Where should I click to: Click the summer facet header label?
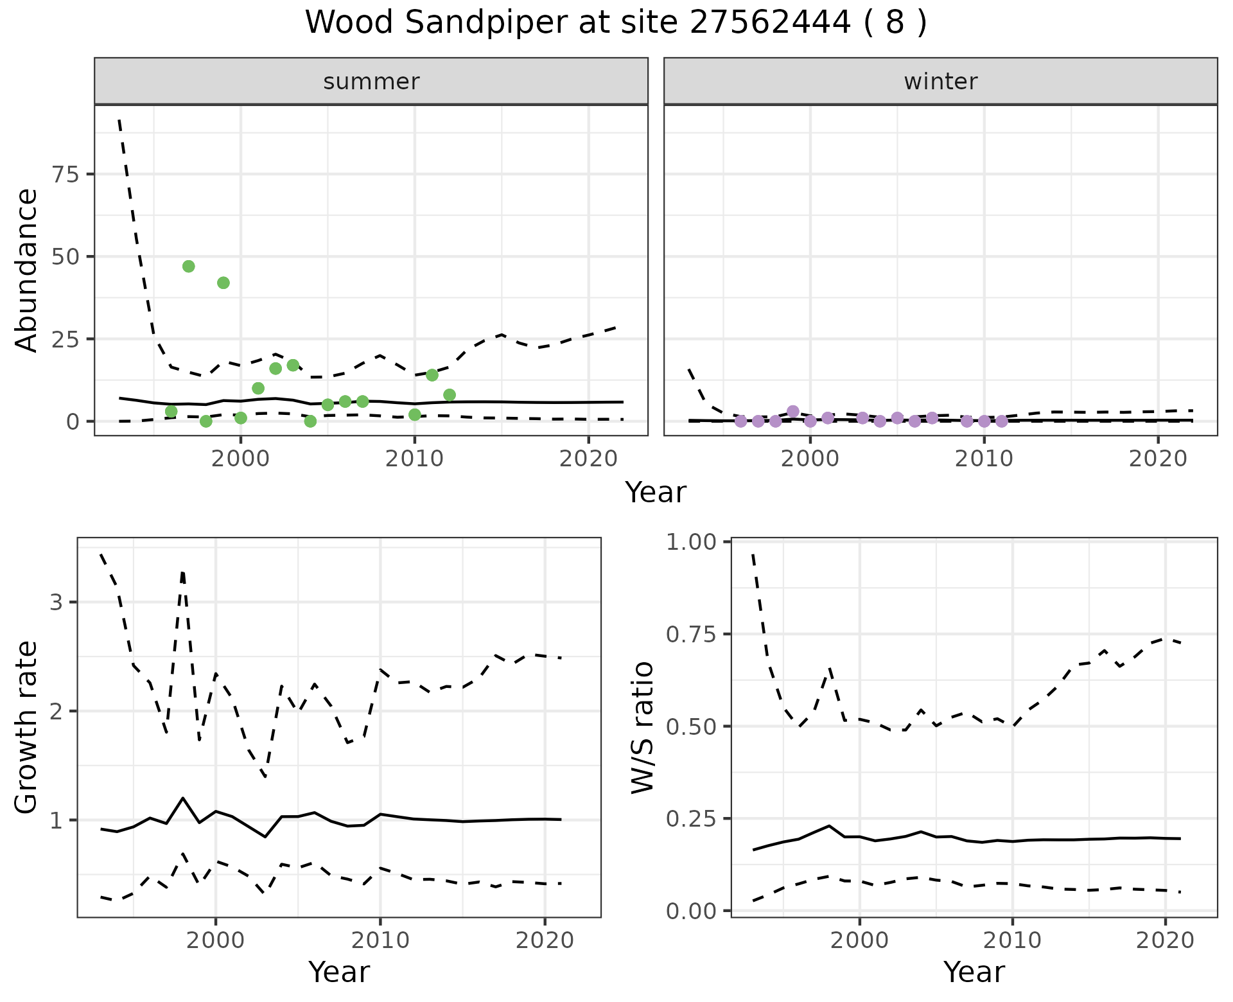pos(371,82)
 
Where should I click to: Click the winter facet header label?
pos(940,82)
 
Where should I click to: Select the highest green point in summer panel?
pos(188,267)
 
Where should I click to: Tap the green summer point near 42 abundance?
pos(223,283)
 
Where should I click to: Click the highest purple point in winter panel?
pos(793,411)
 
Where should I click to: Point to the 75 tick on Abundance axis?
pos(64,174)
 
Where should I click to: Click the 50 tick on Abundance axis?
pos(64,256)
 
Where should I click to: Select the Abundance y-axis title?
pos(27,270)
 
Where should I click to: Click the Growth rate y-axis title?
pos(27,727)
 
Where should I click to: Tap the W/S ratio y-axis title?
pos(643,727)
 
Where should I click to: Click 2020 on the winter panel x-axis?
pos(1158,459)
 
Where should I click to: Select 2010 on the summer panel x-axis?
pos(414,459)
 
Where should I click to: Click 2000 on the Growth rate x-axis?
pos(216,941)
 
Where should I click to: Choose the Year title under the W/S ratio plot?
pos(974,972)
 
